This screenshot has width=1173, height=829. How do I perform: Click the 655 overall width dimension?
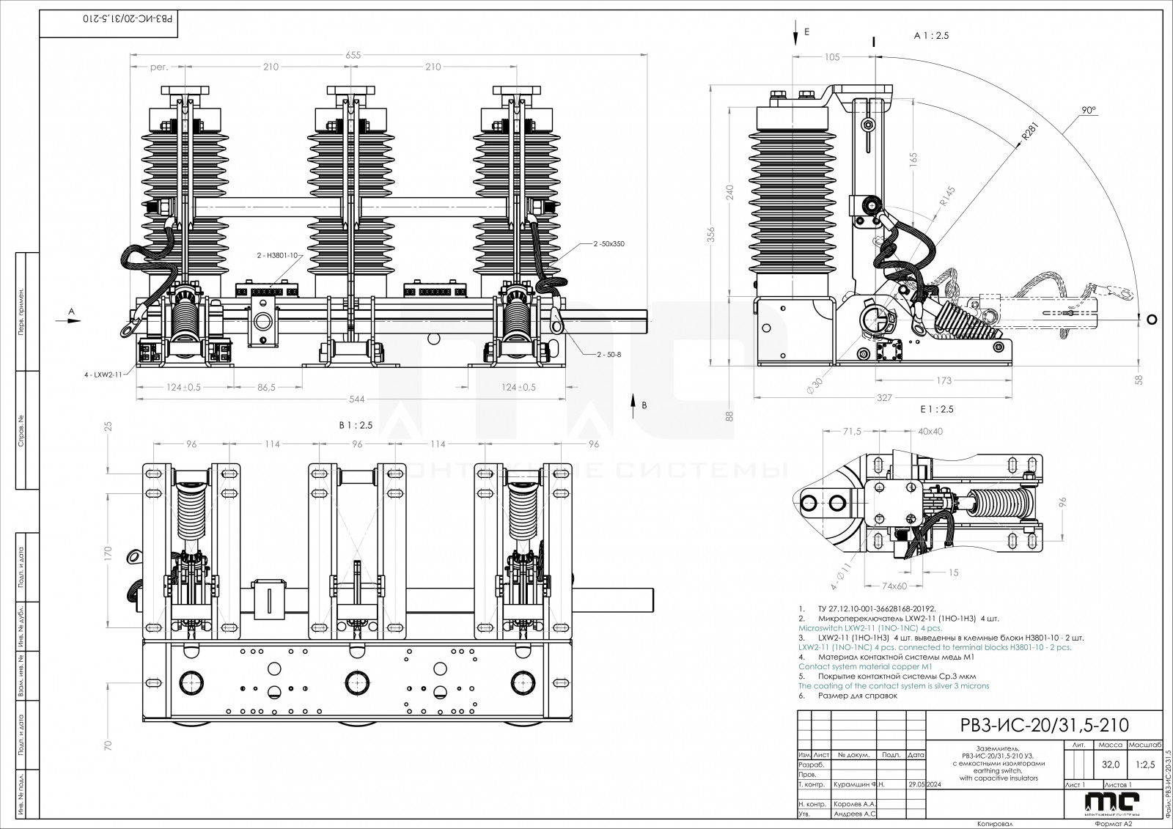pos(354,55)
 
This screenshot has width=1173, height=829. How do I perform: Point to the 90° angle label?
pos(1087,110)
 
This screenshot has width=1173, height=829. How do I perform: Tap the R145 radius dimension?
pos(947,198)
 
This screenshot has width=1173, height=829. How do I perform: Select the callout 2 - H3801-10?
pos(277,255)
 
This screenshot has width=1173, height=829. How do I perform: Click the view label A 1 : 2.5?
pos(931,36)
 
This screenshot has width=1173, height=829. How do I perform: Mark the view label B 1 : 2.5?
pos(355,425)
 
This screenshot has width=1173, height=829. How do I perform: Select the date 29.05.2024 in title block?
pos(924,784)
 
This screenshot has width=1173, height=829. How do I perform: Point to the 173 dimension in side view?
pos(944,380)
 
